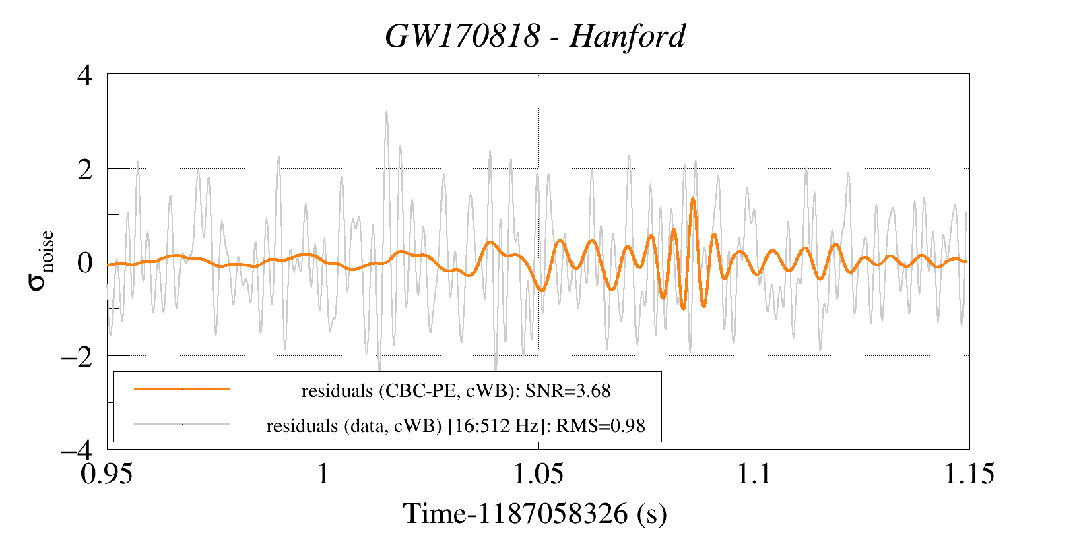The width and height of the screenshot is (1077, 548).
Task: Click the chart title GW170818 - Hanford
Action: [x=535, y=36]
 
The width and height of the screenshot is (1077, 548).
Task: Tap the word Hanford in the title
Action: [x=628, y=36]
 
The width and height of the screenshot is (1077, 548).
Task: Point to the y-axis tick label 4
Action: [x=85, y=76]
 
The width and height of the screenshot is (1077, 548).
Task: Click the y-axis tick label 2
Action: [x=85, y=170]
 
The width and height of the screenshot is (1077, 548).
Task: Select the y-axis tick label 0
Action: [x=85, y=263]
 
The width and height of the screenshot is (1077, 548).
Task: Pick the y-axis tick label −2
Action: [x=77, y=357]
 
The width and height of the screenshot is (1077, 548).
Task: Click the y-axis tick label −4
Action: [x=77, y=451]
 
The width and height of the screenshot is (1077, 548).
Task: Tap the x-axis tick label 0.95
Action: [x=106, y=474]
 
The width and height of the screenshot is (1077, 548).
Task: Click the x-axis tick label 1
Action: [x=323, y=474]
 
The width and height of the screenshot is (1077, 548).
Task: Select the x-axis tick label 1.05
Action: [x=539, y=474]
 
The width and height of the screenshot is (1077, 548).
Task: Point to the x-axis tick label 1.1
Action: [x=754, y=474]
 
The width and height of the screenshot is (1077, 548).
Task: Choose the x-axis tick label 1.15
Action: [x=969, y=474]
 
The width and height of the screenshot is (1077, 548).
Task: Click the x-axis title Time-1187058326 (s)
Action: [x=535, y=514]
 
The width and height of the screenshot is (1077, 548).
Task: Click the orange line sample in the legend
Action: [x=183, y=389]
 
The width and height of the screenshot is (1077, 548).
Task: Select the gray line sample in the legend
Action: [x=183, y=424]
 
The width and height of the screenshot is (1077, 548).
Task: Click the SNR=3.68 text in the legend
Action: [x=567, y=391]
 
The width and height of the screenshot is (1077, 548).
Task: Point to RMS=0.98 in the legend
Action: [x=601, y=426]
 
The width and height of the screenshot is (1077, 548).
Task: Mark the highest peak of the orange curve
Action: [x=693, y=199]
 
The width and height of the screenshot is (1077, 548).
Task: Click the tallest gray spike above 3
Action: [x=386, y=111]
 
